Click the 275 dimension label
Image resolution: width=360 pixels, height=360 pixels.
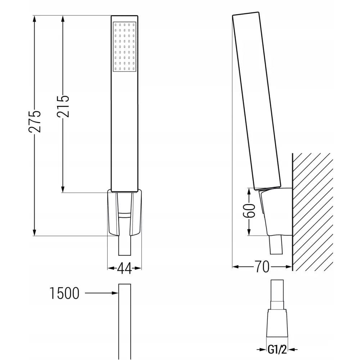(x=35, y=122)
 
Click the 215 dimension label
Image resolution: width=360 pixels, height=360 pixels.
(x=63, y=107)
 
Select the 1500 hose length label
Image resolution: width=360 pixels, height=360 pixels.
(x=64, y=293)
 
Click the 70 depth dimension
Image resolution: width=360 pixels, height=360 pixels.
(x=262, y=267)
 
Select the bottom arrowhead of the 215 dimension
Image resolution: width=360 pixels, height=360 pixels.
(x=63, y=189)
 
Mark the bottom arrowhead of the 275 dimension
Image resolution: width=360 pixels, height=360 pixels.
(x=35, y=232)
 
